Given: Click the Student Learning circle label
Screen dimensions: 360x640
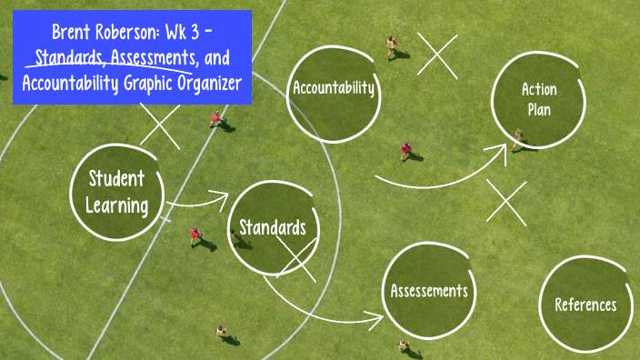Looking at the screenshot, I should click(116, 191).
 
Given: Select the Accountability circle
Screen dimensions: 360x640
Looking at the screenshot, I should click(333, 88).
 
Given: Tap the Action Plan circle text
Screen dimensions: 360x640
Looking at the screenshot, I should click(537, 99).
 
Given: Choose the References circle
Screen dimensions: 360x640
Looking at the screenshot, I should click(585, 305).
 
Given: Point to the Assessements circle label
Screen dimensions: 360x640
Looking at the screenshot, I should click(429, 291).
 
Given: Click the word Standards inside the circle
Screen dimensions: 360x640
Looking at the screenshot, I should click(272, 227).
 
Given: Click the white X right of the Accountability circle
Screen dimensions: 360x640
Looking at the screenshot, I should click(436, 55).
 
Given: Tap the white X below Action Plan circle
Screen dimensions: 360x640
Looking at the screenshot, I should click(506, 202).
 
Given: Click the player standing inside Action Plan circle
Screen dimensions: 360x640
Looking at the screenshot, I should click(517, 138).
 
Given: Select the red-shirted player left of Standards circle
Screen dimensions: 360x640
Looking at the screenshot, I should click(195, 235).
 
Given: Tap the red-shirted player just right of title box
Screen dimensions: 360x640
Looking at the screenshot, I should click(215, 118).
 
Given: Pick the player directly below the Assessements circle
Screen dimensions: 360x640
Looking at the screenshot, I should click(402, 347).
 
